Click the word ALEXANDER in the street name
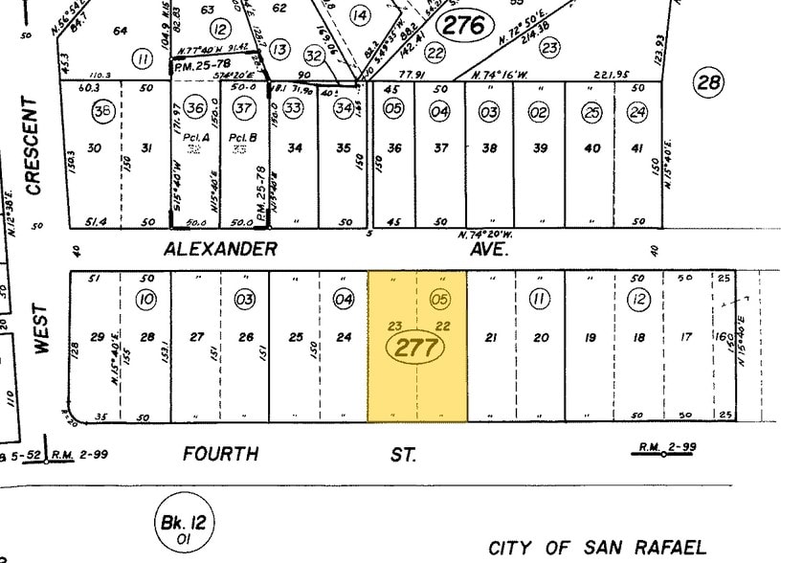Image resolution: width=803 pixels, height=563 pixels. (x=220, y=249)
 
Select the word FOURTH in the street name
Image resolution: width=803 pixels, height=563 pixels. (x=220, y=453)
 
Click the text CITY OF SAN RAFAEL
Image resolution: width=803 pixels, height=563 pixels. (x=596, y=548)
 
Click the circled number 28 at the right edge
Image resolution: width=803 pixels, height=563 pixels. (x=709, y=83)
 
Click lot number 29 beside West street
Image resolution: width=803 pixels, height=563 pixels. (x=97, y=337)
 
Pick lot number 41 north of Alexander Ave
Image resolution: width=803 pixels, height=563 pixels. (x=637, y=148)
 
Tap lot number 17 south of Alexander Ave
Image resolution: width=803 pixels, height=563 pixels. (x=684, y=337)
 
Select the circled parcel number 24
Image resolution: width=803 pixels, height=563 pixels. (x=637, y=112)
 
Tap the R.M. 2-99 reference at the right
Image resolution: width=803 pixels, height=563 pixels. (x=667, y=447)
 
